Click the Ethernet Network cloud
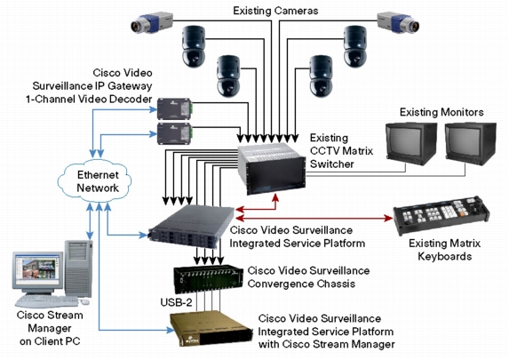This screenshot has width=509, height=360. click(95, 180)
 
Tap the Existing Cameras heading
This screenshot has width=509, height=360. click(275, 11)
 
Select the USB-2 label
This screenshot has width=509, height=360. click(176, 302)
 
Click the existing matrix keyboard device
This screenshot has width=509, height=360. click(441, 215)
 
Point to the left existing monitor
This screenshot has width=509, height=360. click(411, 143)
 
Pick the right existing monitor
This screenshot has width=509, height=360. click(471, 143)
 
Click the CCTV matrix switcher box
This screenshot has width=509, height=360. click(272, 169)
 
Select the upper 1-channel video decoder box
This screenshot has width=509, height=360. click(175, 108)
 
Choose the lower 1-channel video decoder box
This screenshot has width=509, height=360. click(175, 133)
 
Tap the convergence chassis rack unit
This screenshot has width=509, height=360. click(209, 279)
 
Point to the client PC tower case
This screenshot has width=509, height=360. click(78, 268)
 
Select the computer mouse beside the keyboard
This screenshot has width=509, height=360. click(84, 302)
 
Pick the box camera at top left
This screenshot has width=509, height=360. click(152, 23)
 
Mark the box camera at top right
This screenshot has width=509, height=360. click(398, 23)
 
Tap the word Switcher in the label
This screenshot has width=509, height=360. click(331, 164)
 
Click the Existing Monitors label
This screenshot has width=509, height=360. click(441, 112)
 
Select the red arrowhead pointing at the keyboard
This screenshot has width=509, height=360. click(388, 218)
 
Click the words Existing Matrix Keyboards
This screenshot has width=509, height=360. click(444, 250)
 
